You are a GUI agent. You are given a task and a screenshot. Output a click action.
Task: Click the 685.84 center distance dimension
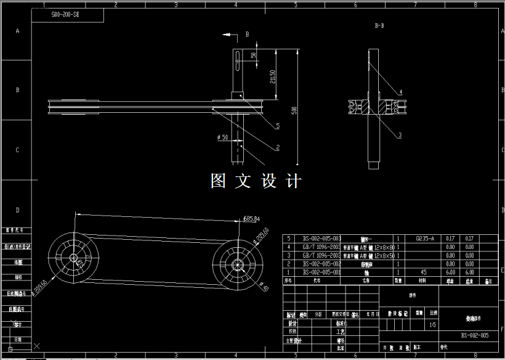(x=252, y=219)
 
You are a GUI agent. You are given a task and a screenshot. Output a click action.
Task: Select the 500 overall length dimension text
(x=294, y=110)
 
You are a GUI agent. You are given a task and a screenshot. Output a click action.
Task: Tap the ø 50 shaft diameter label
(x=222, y=137)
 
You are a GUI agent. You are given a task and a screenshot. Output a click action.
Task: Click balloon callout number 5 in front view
(x=278, y=126)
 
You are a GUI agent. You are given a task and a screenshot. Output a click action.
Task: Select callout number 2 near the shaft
(x=278, y=147)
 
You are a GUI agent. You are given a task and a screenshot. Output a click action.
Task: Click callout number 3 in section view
(x=400, y=134)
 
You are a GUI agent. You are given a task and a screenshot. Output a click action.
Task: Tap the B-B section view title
(x=379, y=27)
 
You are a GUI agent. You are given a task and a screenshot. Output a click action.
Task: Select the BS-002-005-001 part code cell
(x=321, y=272)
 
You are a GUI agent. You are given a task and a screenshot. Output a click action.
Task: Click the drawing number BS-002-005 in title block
(x=474, y=335)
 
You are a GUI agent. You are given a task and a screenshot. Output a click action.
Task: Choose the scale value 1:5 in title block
(x=434, y=324)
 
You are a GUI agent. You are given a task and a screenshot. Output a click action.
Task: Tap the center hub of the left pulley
(x=73, y=258)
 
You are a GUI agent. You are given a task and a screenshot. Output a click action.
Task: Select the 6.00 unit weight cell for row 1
(x=450, y=272)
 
